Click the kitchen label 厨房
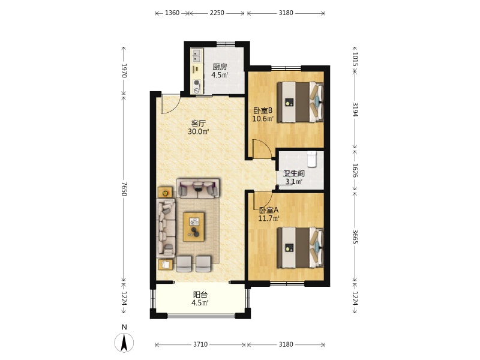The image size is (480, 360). (x=220, y=67)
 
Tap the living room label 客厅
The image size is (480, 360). (x=199, y=124)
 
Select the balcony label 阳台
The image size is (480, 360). (x=200, y=295)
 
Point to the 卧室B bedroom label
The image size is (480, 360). (x=263, y=110)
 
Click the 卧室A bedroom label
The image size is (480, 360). (x=268, y=211)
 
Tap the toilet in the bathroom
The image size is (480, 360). (x=311, y=159)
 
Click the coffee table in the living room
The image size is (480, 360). (x=194, y=227)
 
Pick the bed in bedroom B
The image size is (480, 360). (x=301, y=102)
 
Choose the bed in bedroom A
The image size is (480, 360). (x=301, y=248)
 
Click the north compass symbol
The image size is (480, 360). (x=124, y=342)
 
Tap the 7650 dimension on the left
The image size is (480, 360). (x=124, y=188)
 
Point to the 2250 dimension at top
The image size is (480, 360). (x=217, y=13)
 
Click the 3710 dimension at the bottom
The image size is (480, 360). (x=200, y=344)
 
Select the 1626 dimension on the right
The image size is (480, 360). (x=355, y=170)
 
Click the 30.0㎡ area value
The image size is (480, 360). (x=199, y=131)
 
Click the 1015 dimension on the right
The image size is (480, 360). (x=355, y=59)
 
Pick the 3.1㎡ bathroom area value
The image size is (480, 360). (x=293, y=182)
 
